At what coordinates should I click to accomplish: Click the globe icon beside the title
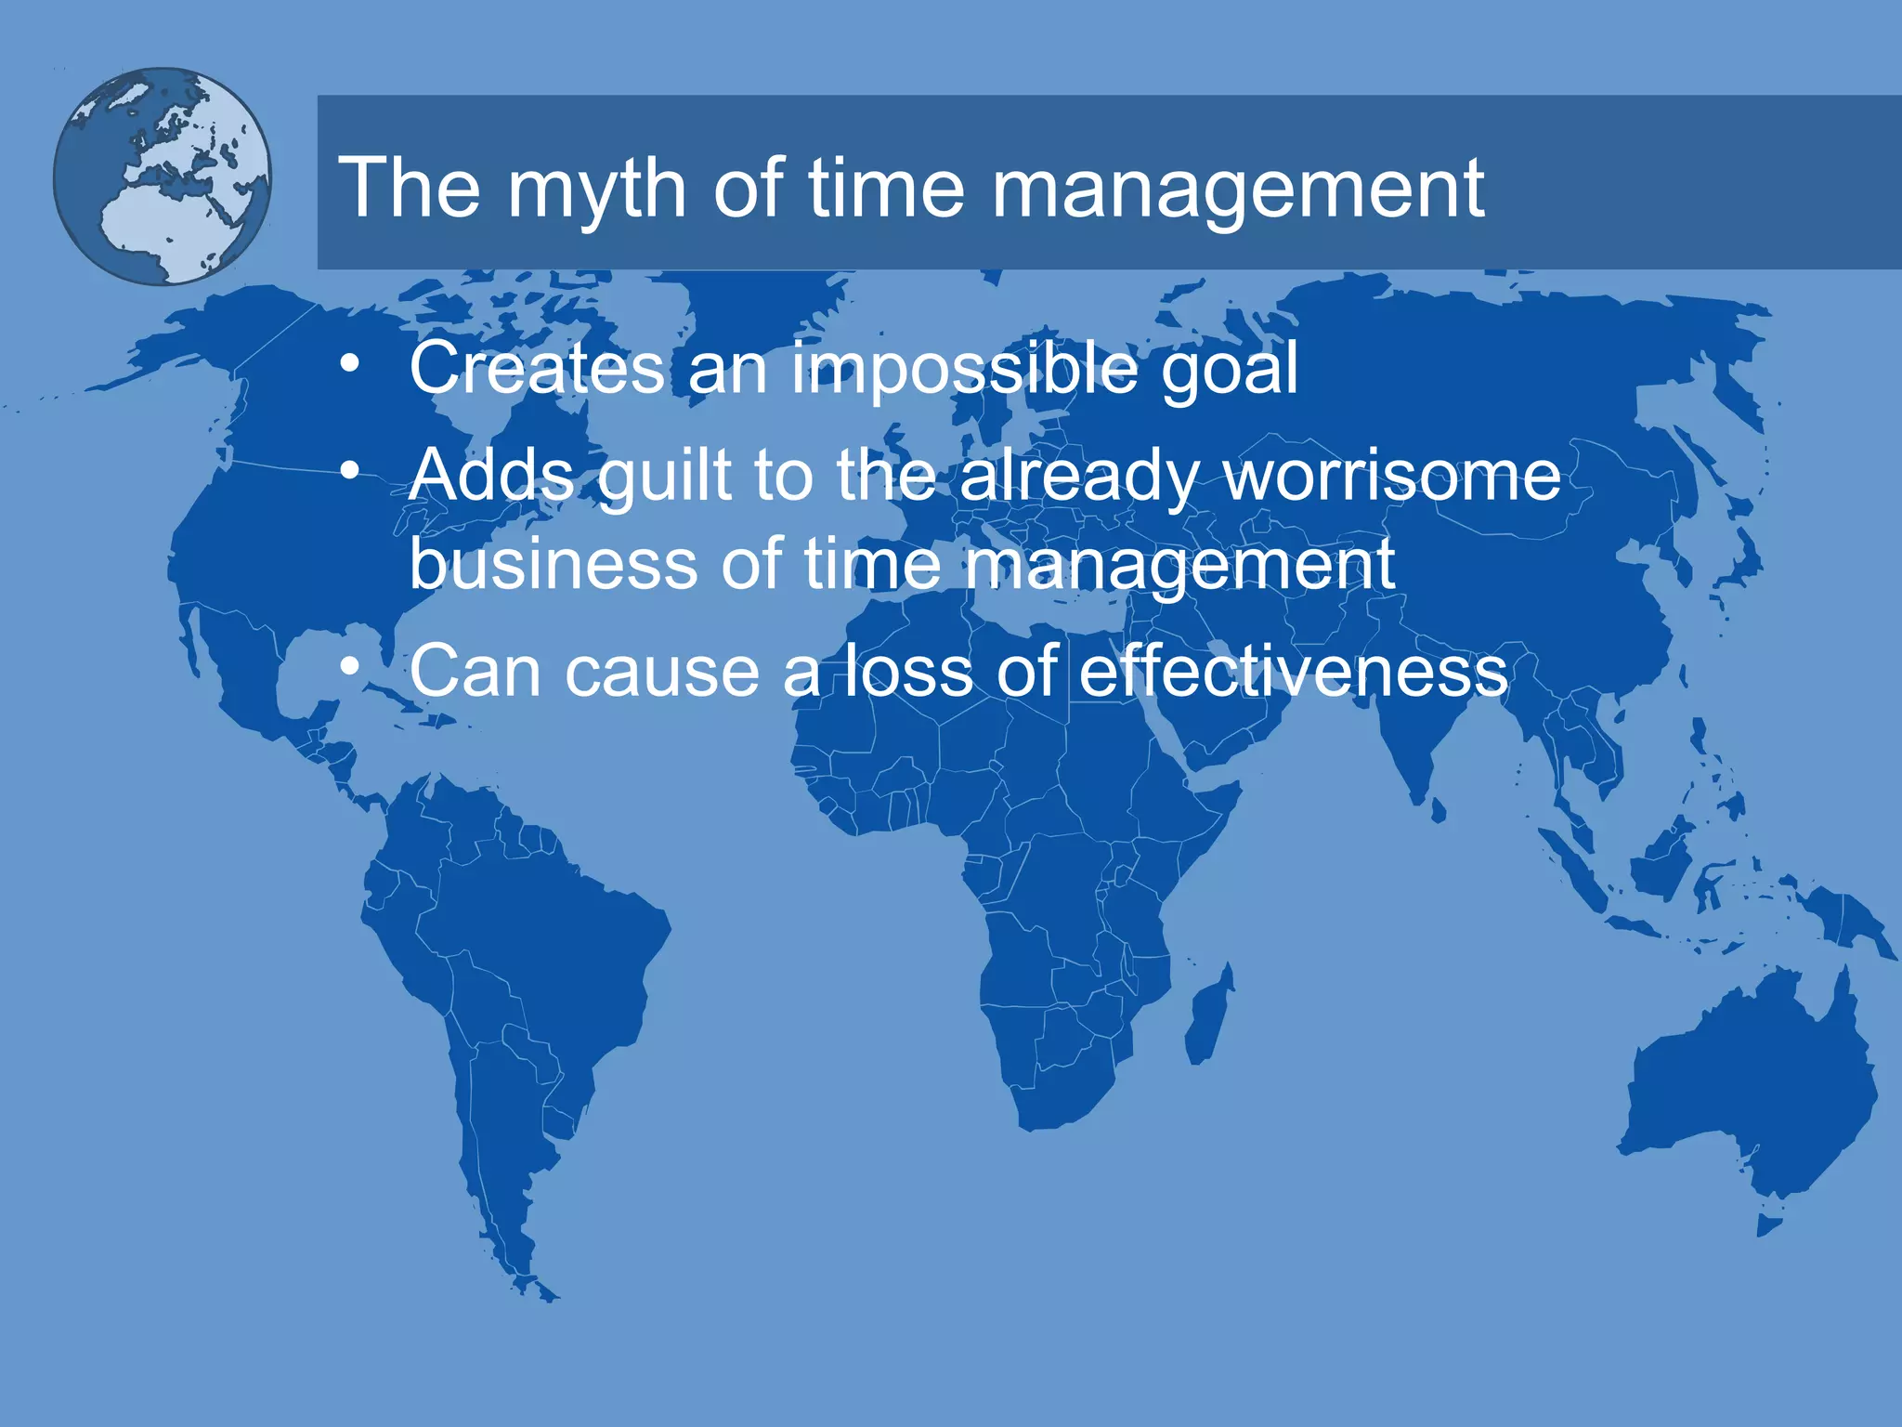(x=163, y=176)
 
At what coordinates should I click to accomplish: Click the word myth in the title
(x=595, y=189)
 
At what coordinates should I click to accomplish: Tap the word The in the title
(x=410, y=189)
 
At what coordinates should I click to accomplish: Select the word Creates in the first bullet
(x=536, y=368)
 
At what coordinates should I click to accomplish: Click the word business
(x=553, y=564)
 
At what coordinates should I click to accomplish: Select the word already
(x=1078, y=476)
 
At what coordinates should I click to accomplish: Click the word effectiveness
(x=1293, y=671)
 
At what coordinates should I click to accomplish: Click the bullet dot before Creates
(x=349, y=364)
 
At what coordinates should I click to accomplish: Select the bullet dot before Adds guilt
(x=349, y=472)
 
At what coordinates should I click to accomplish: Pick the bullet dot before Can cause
(x=349, y=667)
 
